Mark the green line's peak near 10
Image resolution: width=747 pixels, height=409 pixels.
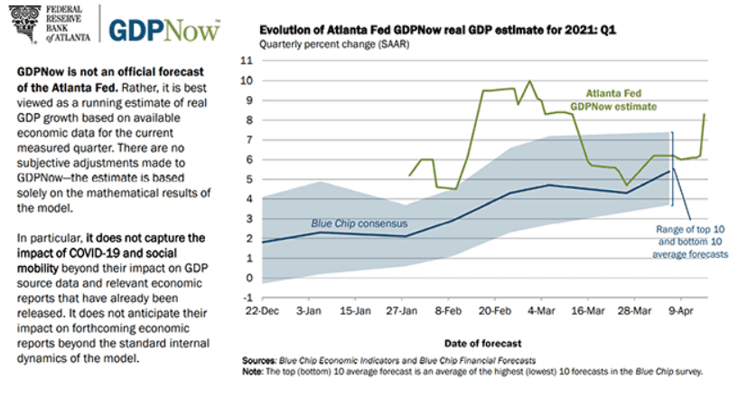coord(529,81)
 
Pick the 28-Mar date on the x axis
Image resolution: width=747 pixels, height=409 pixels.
coord(635,311)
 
